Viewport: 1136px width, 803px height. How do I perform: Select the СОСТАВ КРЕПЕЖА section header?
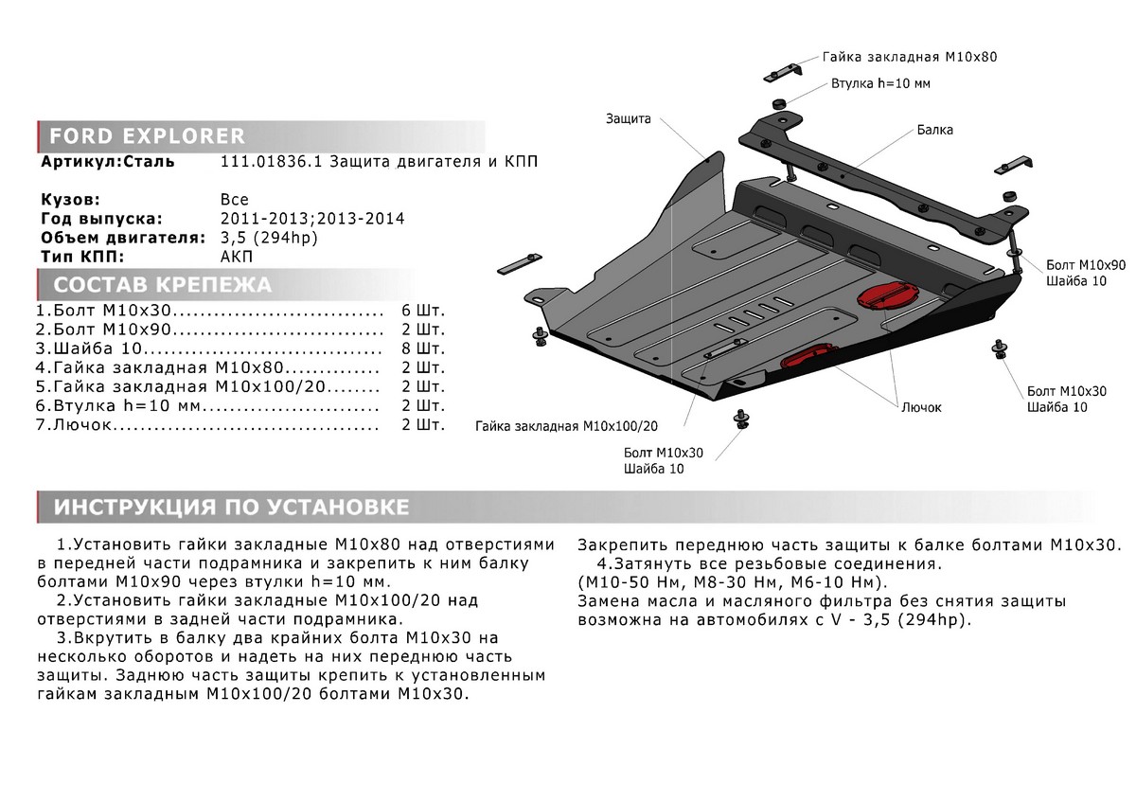[162, 285]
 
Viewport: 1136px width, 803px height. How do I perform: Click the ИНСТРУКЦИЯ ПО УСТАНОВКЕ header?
[232, 507]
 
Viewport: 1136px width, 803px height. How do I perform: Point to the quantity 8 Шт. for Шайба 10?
[423, 348]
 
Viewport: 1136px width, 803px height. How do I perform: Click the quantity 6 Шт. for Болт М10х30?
[423, 311]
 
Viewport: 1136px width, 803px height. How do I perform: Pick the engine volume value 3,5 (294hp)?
[269, 237]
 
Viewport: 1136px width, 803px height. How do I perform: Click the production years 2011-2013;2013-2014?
[312, 218]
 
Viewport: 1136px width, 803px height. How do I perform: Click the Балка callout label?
[934, 130]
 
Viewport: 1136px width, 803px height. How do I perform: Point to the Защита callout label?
[628, 119]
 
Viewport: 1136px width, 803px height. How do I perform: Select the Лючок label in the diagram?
[921, 407]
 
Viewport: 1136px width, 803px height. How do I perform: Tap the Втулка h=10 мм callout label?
[881, 83]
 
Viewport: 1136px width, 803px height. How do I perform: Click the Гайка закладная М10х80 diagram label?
[910, 57]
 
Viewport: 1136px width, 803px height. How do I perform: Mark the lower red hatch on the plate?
[806, 359]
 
